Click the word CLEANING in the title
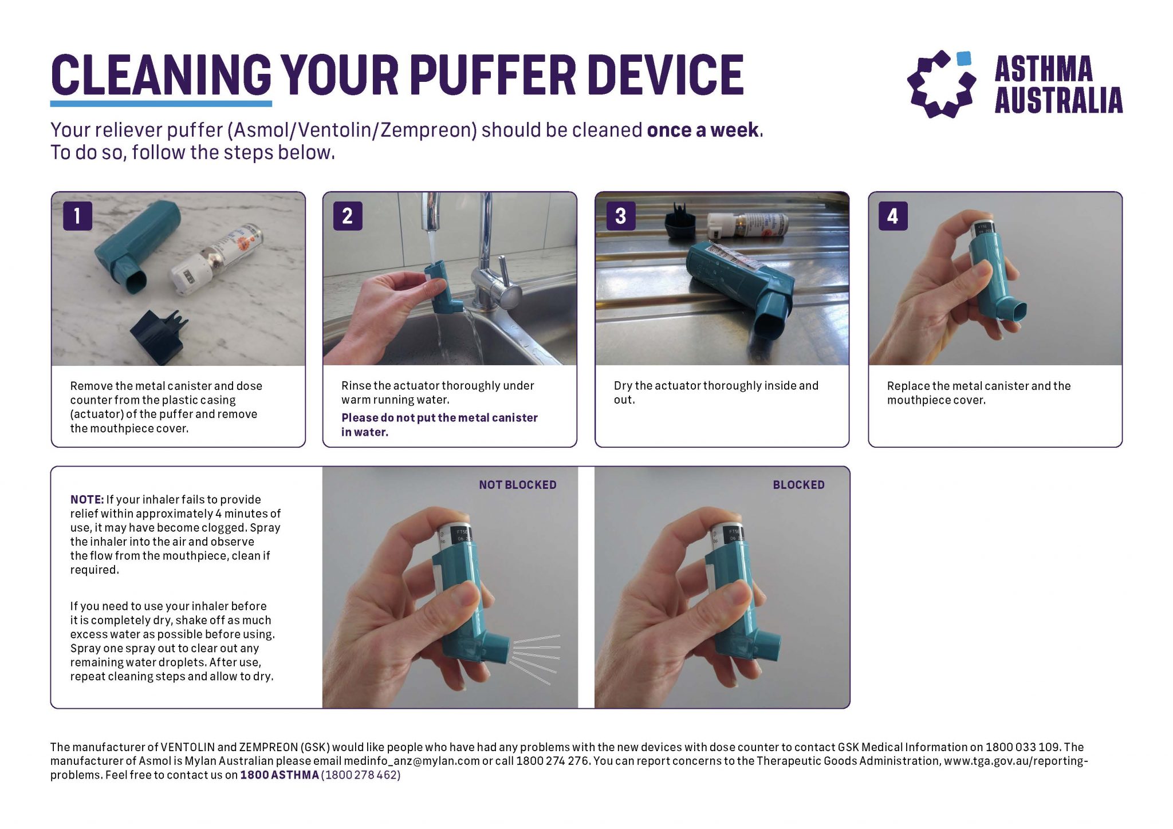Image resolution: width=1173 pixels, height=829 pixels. (161, 75)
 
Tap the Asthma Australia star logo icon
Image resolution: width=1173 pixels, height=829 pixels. (941, 84)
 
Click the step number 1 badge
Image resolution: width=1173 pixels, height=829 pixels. (77, 216)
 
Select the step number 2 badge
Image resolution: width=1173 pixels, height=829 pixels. (348, 216)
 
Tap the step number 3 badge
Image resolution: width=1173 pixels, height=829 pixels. (620, 216)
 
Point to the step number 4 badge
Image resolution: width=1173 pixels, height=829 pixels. (892, 216)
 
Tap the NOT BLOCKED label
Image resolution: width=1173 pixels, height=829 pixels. (517, 485)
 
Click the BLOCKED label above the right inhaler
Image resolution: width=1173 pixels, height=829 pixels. (798, 485)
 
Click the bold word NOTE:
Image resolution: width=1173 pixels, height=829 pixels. (87, 499)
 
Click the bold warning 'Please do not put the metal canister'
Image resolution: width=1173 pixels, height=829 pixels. (439, 418)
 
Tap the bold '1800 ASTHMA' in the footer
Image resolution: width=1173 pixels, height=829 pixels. (279, 775)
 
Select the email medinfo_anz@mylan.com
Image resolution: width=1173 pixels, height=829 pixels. (411, 761)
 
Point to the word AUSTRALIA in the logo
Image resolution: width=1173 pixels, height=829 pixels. (1058, 101)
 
